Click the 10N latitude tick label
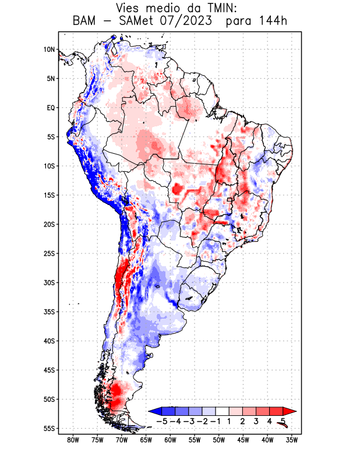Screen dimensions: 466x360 pyautogui.click(x=49, y=50)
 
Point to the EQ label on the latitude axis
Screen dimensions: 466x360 pyautogui.click(x=51, y=108)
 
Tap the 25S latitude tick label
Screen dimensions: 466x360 pyautogui.click(x=49, y=253)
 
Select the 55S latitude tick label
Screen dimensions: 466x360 pyautogui.click(x=49, y=428)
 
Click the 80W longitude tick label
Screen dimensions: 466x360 pyautogui.click(x=73, y=440)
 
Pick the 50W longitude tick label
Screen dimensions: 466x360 pyautogui.click(x=218, y=440)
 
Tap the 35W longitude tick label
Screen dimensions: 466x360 pyautogui.click(x=292, y=440)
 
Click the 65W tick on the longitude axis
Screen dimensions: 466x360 pyautogui.click(x=146, y=440)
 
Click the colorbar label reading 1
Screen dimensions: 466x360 pyautogui.click(x=229, y=421)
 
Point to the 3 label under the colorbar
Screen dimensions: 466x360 pyautogui.click(x=256, y=421)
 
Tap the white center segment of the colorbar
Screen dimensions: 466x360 pyautogui.click(x=222, y=411)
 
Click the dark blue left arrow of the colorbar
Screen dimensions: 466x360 pyautogui.click(x=154, y=411)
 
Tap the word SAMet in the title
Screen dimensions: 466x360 pyautogui.click(x=140, y=22)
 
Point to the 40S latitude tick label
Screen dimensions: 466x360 pyautogui.click(x=49, y=341)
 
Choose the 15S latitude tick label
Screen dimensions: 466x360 pyautogui.click(x=49, y=195)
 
